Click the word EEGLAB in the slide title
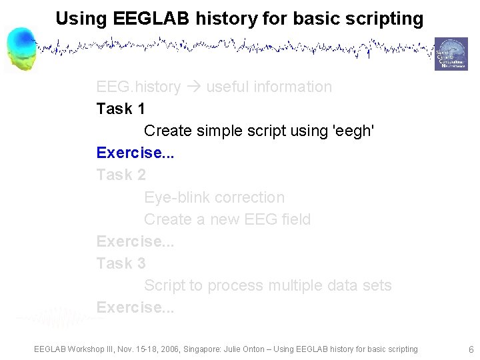click(139, 19)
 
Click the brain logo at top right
click(451, 54)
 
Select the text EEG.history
click(138, 87)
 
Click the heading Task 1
click(121, 109)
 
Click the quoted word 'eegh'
click(353, 131)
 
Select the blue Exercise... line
click(135, 153)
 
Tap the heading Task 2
click(121, 175)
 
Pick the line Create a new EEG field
click(227, 219)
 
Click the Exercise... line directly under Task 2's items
click(135, 241)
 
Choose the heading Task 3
click(121, 263)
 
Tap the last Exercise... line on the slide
click(135, 307)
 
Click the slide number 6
click(471, 349)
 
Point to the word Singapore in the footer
click(177, 349)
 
